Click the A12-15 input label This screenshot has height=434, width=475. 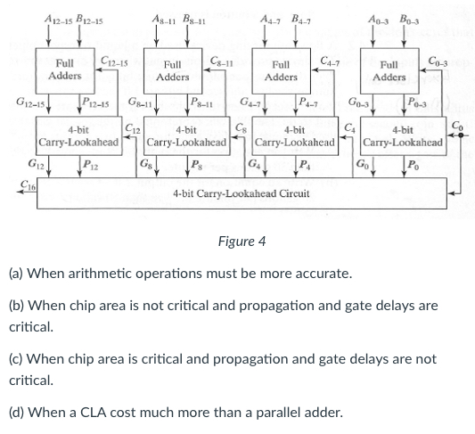[58, 20]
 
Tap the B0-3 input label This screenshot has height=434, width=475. [409, 20]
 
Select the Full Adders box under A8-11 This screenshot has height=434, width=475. [173, 71]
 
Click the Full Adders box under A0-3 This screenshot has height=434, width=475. [389, 71]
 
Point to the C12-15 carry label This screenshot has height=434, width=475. [114, 61]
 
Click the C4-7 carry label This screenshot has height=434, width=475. [330, 61]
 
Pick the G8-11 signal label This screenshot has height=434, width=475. [140, 102]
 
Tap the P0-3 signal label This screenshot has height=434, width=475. [417, 102]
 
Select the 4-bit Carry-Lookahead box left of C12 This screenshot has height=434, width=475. [79, 136]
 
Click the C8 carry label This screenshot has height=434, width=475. [242, 128]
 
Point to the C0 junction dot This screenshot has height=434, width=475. [461, 135]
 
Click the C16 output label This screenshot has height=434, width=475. [28, 184]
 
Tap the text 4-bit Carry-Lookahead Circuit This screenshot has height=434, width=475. [242, 193]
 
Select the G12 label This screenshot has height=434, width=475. [36, 165]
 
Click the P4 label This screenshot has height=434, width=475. [305, 165]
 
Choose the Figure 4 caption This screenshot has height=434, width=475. [242, 242]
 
